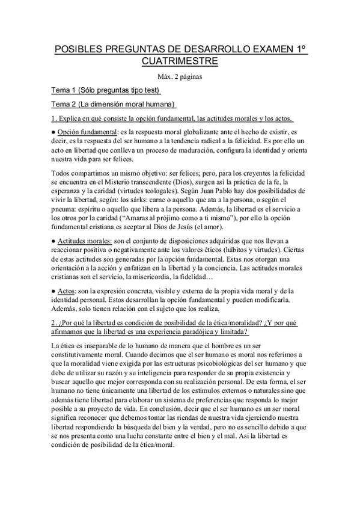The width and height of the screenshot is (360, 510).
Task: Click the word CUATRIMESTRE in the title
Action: click(180, 61)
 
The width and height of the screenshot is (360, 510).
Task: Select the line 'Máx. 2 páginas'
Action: click(180, 76)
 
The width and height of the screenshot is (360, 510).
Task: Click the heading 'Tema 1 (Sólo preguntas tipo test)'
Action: click(106, 90)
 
